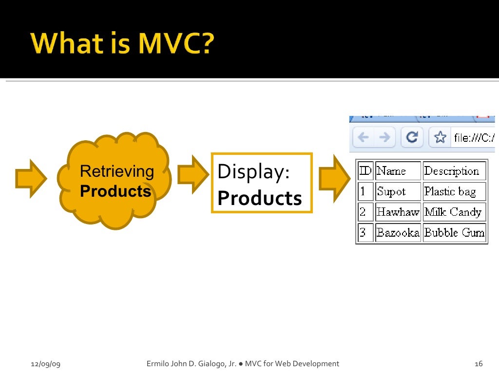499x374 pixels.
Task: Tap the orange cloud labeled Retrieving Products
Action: coord(114,181)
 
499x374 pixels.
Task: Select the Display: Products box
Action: coord(262,183)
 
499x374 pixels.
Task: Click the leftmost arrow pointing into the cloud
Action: coord(31,178)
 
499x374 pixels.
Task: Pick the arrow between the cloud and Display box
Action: coord(192,174)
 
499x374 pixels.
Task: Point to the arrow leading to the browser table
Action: coord(334,178)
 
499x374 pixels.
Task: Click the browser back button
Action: coord(363,138)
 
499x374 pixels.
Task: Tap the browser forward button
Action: coord(384,138)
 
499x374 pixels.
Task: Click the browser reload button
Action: coord(412,138)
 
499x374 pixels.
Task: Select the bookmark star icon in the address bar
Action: coord(441,138)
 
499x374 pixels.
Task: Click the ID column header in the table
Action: coord(365,171)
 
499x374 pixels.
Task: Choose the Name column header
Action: coord(398,171)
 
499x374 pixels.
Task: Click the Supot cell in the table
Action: coord(398,191)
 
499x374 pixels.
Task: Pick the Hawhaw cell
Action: coord(398,212)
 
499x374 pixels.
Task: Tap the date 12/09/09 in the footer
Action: coord(45,364)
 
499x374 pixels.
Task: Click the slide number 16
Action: coord(478,364)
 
